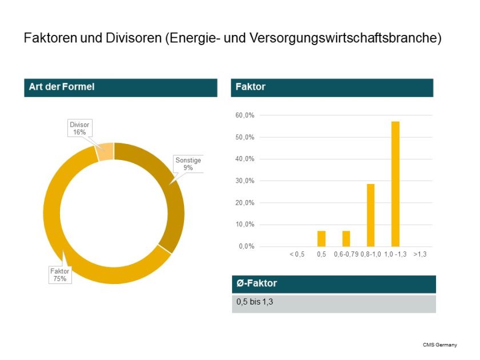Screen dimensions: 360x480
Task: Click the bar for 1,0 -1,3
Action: pyautogui.click(x=395, y=183)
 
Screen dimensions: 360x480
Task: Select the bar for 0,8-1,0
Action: pyautogui.click(x=370, y=215)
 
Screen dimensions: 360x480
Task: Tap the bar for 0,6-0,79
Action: pyautogui.click(x=346, y=238)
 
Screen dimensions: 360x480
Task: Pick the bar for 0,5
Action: pyautogui.click(x=321, y=238)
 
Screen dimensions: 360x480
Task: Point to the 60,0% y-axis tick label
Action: pyautogui.click(x=245, y=115)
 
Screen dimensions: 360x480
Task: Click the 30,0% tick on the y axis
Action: pyautogui.click(x=245, y=181)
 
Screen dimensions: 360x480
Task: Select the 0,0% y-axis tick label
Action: pyautogui.click(x=246, y=247)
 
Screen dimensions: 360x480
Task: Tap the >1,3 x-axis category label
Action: pyautogui.click(x=420, y=254)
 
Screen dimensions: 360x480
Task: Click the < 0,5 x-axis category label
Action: pyautogui.click(x=297, y=254)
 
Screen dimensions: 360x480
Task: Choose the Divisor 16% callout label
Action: pyautogui.click(x=79, y=129)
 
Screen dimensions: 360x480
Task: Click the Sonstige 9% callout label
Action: pyautogui.click(x=188, y=164)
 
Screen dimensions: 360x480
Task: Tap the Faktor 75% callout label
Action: pyautogui.click(x=60, y=275)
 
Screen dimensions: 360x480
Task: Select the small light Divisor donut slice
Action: pyautogui.click(x=105, y=152)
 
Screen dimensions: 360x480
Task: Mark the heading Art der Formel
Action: pyautogui.click(x=62, y=87)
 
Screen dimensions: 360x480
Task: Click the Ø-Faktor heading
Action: pyautogui.click(x=257, y=283)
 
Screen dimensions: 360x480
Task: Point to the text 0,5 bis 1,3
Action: pyautogui.click(x=255, y=302)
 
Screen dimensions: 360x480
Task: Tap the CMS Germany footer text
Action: pyautogui.click(x=439, y=345)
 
